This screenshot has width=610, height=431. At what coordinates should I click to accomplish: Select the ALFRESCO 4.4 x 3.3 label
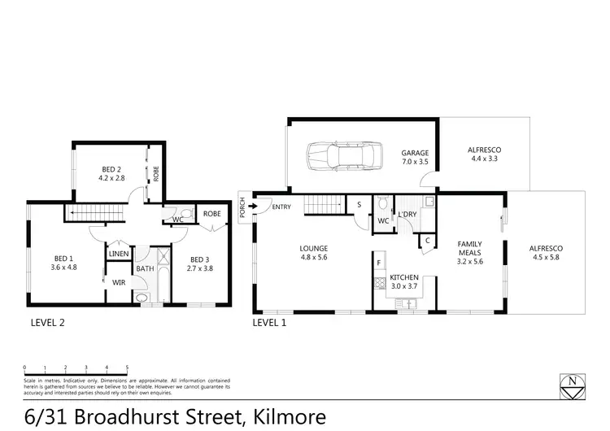pyautogui.click(x=483, y=155)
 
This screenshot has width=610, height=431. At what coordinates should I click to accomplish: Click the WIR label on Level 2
pyautogui.click(x=118, y=283)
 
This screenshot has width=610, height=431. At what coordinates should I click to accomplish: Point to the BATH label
pyautogui.click(x=146, y=268)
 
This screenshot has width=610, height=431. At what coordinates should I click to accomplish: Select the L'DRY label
pyautogui.click(x=407, y=215)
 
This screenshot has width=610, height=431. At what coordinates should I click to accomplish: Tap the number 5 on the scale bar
pyautogui.click(x=126, y=368)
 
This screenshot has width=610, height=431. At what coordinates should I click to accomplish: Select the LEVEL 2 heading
pyautogui.click(x=47, y=322)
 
